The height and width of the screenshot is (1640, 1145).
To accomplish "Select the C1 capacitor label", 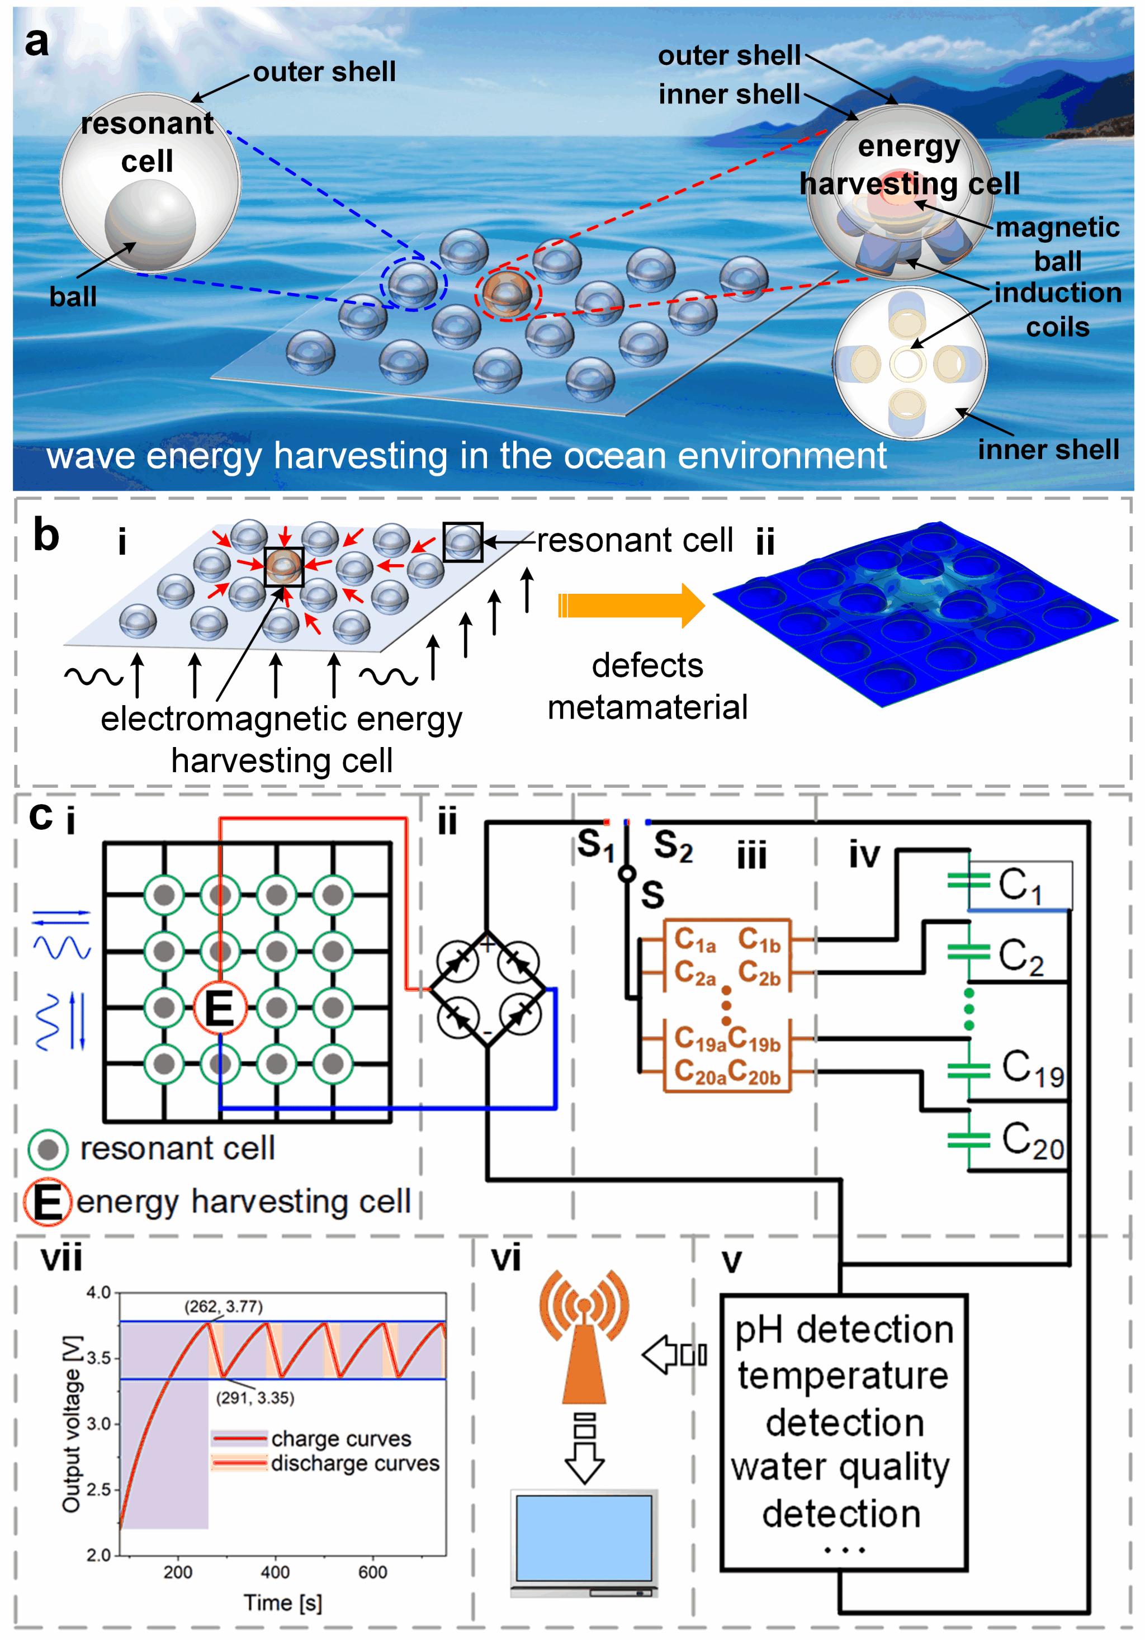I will pos(1020,885).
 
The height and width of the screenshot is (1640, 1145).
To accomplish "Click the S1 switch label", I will pos(596,844).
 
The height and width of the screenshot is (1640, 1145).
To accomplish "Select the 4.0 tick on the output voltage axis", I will pos(98,1293).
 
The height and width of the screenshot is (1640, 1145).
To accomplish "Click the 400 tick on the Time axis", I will pos(275,1572).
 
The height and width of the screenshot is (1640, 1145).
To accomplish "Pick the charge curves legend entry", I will pos(340,1438).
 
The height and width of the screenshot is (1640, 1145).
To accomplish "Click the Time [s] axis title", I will pos(282,1603).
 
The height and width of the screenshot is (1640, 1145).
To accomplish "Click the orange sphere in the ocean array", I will pos(507,294).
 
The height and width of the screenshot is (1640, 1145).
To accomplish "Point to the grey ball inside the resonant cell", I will pos(150,224).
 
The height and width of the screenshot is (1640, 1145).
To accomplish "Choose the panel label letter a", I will pos(36,41).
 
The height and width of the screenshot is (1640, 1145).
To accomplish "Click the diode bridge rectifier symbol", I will pos(486,989).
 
